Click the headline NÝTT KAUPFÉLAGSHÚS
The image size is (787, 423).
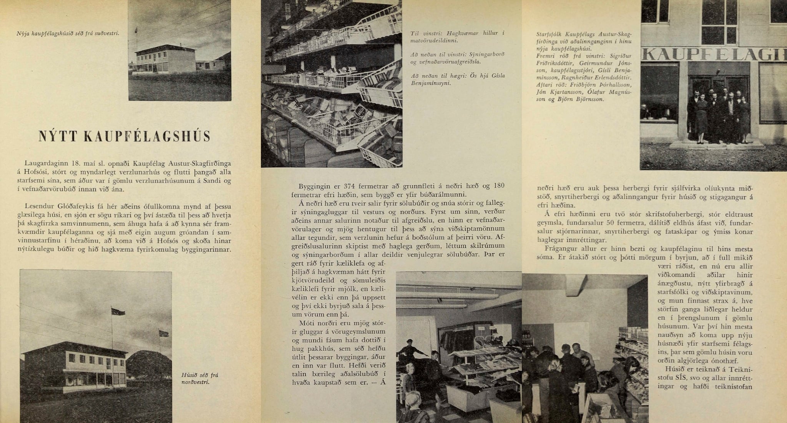click(125, 136)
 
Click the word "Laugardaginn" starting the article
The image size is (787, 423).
click(41, 164)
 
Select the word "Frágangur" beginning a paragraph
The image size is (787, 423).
click(560, 248)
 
